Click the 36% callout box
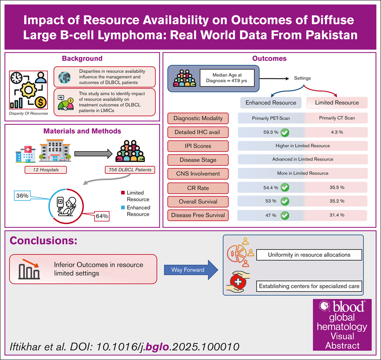[x=22, y=196]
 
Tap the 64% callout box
[x=102, y=216]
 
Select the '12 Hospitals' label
[x=46, y=170]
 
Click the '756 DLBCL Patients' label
[x=130, y=170]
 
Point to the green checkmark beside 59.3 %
[x=285, y=132]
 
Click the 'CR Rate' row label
[x=198, y=188]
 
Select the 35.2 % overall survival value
[x=337, y=201]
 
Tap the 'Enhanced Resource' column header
[x=271, y=103]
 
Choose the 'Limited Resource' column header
[x=337, y=103]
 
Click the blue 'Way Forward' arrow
[x=191, y=270]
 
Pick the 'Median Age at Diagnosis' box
[x=227, y=78]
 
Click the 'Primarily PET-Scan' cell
[x=271, y=118]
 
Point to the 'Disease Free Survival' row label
[x=198, y=215]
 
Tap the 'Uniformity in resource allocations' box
[x=309, y=255]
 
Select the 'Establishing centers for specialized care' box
[x=309, y=286]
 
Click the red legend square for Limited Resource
[x=123, y=193]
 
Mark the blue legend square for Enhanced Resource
[x=123, y=207]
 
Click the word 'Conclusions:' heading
[x=43, y=241]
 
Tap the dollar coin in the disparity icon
[x=40, y=102]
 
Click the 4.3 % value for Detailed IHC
[x=337, y=132]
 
